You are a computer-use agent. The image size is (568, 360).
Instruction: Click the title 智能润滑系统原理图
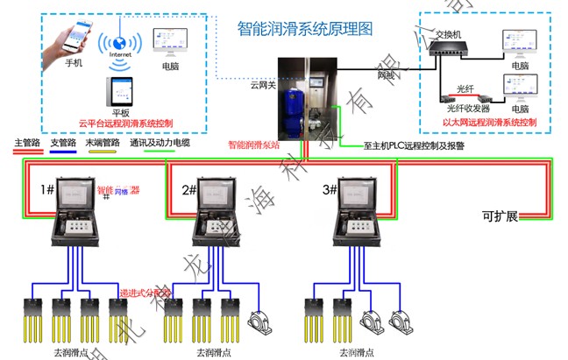pos(305,28)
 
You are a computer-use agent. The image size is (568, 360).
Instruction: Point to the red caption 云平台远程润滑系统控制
pos(126,124)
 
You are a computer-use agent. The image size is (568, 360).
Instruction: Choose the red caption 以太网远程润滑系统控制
pos(490,123)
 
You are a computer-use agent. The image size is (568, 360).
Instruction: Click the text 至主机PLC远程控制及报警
pos(413,147)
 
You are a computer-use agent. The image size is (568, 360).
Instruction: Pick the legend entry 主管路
pos(26,142)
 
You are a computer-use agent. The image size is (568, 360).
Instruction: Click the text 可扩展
pos(500,215)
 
